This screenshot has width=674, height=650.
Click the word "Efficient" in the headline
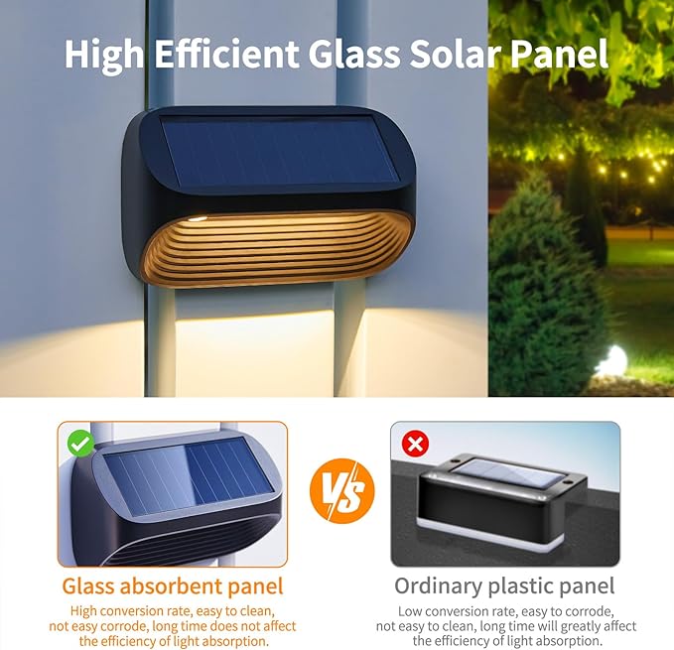pos(226,54)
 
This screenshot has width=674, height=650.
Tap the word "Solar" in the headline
pos(456,54)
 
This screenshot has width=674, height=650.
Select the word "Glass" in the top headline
pos(353,54)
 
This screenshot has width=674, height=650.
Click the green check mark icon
pos(80,444)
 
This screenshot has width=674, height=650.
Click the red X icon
pos(415,444)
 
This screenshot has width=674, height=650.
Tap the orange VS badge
pos(342,491)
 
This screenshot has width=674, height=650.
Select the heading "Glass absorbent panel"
pos(173,586)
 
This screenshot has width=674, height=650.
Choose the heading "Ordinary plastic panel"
pos(504,586)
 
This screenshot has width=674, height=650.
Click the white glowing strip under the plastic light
pos(491,537)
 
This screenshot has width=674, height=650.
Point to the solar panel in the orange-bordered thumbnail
pos(190,477)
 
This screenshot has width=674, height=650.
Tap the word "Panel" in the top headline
pos(560,54)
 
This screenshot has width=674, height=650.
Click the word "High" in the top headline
pos(104,55)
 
